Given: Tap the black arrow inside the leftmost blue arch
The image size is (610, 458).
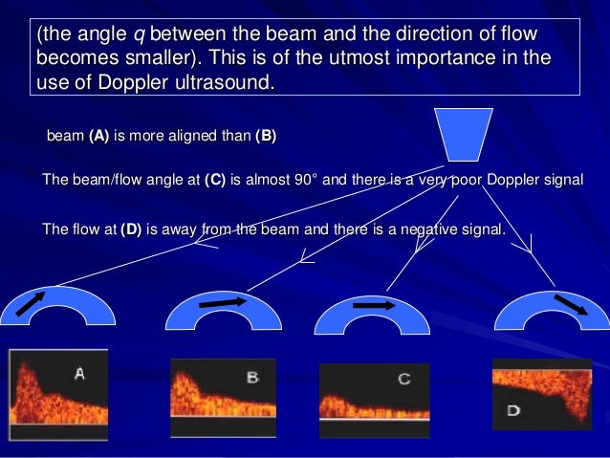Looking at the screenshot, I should pyautogui.click(x=31, y=304).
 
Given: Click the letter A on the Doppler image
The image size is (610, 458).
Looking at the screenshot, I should pyautogui.click(x=79, y=375).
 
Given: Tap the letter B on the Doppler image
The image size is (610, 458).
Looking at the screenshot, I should pyautogui.click(x=252, y=378).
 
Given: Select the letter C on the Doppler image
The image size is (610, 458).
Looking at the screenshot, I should pyautogui.click(x=403, y=380).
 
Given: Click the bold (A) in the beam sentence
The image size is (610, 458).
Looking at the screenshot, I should pyautogui.click(x=98, y=136).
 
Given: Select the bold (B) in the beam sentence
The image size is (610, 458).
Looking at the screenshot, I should pyautogui.click(x=266, y=136).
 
